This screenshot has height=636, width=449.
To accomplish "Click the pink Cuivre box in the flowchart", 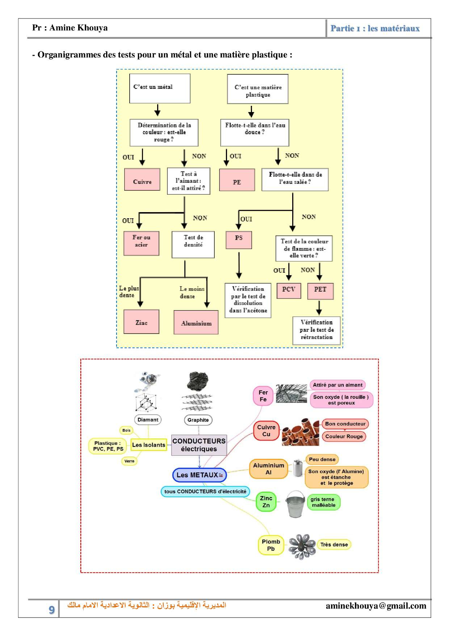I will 142,179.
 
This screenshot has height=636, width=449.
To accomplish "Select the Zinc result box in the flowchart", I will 141,322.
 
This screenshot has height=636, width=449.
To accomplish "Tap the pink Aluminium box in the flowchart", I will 196,322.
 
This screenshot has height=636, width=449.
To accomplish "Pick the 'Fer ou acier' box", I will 141,243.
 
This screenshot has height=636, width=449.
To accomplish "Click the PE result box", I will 237,180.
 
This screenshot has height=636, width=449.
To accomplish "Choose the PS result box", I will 239,240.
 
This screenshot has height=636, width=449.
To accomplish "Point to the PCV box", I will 289,290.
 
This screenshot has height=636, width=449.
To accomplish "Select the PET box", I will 320,291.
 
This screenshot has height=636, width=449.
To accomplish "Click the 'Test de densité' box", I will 193,244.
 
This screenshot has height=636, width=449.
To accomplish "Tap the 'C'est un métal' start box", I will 160,88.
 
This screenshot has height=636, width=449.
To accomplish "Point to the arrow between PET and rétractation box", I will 319,307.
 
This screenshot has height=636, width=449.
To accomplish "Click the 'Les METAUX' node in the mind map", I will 199,475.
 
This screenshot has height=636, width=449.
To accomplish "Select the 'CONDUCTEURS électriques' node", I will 199,445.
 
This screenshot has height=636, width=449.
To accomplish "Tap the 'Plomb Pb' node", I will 271,545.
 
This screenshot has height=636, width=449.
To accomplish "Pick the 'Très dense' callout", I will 334,545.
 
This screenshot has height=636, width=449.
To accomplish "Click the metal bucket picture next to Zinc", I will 295,504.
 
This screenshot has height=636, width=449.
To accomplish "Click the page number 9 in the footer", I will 52,610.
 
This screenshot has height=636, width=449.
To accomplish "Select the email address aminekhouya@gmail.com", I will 376,606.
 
